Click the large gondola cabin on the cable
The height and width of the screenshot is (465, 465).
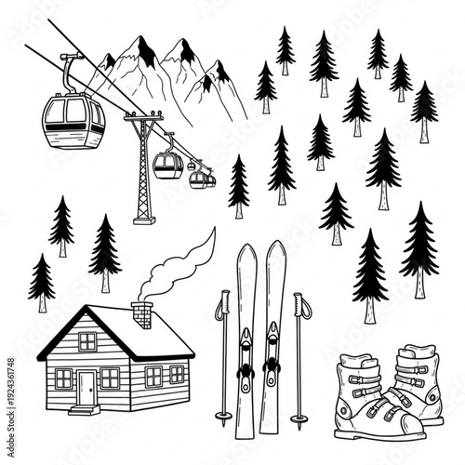coord(73,120)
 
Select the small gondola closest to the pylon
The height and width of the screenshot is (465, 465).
coord(167,166)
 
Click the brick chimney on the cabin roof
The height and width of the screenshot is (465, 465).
coord(142,314)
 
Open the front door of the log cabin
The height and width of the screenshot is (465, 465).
coord(86,387)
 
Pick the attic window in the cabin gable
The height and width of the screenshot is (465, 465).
coord(86,341)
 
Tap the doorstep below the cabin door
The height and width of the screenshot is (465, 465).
coord(84,408)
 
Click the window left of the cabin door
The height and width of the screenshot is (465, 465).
coord(63,379)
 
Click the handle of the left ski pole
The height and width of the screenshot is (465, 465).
coord(223,307)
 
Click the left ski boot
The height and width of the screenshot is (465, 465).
coord(367,400)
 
